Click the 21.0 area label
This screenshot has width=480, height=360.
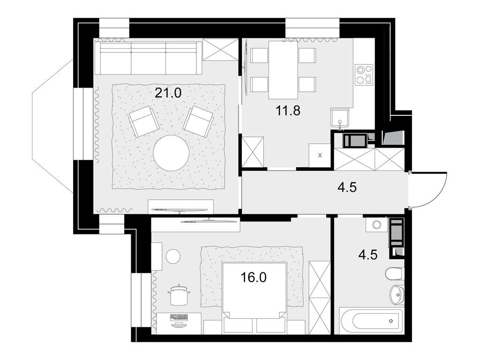168,93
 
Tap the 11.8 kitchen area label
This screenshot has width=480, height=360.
288,111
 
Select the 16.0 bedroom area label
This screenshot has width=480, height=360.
254,277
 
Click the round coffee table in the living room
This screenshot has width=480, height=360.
171,153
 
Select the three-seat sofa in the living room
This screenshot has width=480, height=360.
148,59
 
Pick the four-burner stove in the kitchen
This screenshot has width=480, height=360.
364,75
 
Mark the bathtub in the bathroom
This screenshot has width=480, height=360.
370,321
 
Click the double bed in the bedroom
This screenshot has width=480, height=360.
254,298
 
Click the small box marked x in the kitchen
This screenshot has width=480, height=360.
320,155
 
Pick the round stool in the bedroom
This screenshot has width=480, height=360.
173,256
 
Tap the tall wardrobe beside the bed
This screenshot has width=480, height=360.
320,297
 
